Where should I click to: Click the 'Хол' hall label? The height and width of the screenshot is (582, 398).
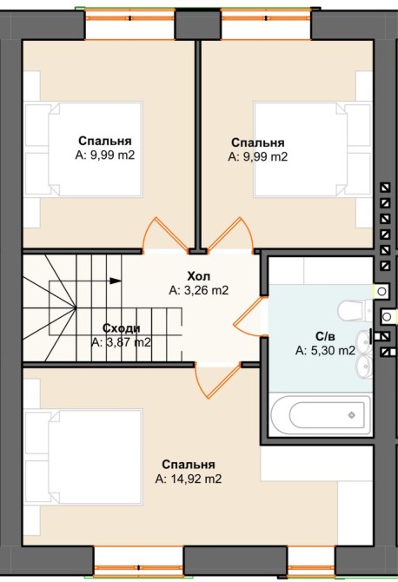(x=199, y=276)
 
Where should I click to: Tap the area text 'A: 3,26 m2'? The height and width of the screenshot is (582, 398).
(x=199, y=290)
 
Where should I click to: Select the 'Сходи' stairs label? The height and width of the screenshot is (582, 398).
(x=122, y=328)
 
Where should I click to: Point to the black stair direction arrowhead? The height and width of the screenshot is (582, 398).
(x=116, y=281)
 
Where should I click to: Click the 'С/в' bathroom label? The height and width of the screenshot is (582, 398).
(x=325, y=336)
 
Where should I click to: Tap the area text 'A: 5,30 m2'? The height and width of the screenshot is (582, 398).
(x=325, y=350)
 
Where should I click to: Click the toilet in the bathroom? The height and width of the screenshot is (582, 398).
(x=355, y=310)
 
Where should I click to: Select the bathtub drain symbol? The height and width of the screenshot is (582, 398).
(x=351, y=414)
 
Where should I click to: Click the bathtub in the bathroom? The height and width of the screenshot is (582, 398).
(x=321, y=414)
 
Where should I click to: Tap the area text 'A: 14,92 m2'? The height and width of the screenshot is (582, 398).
(x=189, y=479)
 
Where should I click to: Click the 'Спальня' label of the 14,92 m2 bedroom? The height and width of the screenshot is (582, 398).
(x=189, y=465)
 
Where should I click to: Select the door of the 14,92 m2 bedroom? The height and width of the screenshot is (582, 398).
(x=217, y=380)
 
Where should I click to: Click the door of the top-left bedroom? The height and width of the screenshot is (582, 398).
(x=166, y=235)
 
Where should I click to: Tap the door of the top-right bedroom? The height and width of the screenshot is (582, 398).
(x=230, y=235)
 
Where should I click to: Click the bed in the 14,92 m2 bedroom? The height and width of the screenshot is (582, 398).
(x=83, y=457)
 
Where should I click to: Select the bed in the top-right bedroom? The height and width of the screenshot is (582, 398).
(x=313, y=149)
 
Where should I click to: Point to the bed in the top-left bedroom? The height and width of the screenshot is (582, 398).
(x=83, y=149)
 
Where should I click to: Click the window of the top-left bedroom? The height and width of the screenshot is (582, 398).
(x=130, y=23)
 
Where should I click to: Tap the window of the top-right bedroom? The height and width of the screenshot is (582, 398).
(x=266, y=23)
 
